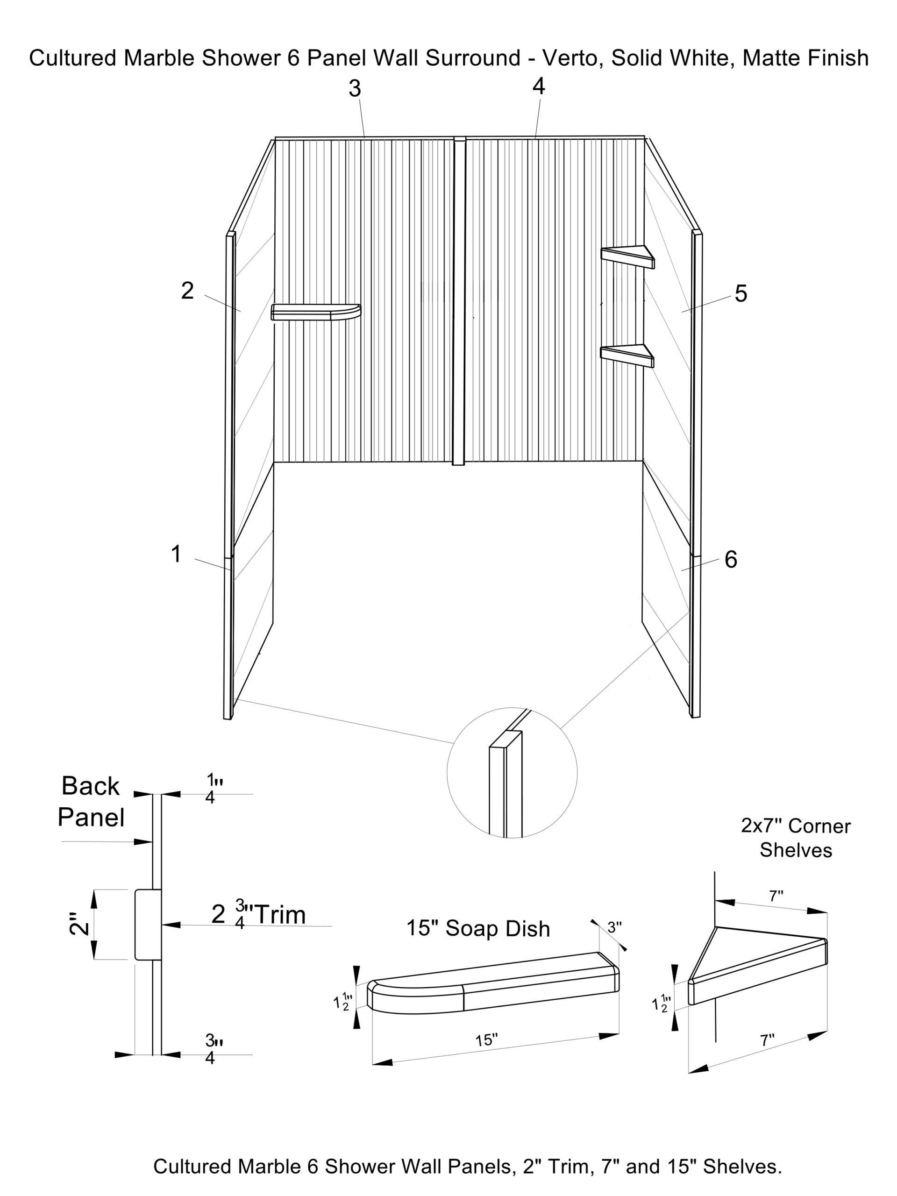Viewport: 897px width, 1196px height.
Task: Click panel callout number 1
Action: point(176,554)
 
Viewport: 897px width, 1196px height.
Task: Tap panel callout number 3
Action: point(355,89)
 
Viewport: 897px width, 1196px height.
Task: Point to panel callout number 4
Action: point(539,86)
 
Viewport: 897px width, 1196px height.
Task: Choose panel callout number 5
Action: point(741,293)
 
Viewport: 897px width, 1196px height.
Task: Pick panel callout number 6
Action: point(731,560)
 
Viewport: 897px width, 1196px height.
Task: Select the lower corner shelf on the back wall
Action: point(627,354)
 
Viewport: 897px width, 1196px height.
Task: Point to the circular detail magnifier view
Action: point(512,773)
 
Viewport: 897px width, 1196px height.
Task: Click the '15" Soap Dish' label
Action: point(478,928)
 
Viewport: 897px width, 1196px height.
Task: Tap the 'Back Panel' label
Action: point(91,801)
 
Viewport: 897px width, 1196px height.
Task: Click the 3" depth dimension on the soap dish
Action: point(614,927)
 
